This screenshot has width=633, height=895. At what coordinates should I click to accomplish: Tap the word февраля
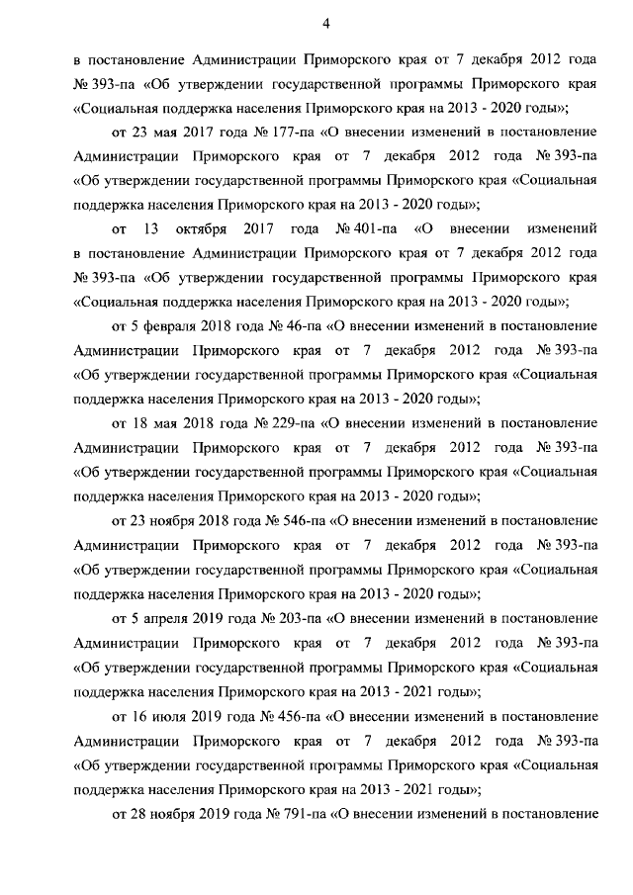point(164,325)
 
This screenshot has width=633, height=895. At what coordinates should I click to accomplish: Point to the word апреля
point(159,616)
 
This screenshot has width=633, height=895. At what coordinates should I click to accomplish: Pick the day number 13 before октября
point(151,228)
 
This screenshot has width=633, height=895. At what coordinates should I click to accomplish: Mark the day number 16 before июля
point(138,713)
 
